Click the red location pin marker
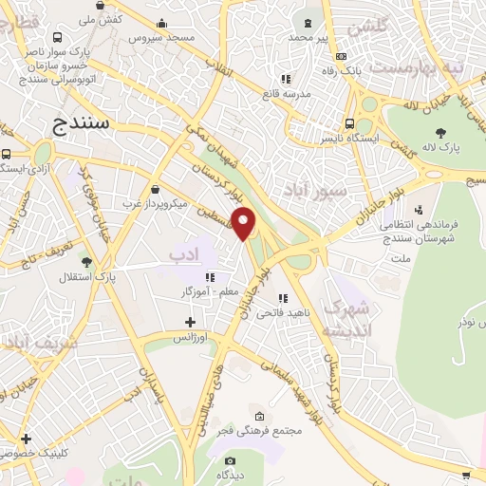click(x=244, y=224)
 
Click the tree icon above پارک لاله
click(x=439, y=132)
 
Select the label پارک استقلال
click(x=119, y=276)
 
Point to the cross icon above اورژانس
click(x=190, y=323)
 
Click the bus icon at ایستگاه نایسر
click(x=350, y=123)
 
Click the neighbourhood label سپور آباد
click(x=306, y=189)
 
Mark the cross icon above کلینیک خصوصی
click(x=26, y=439)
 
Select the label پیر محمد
click(x=308, y=37)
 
